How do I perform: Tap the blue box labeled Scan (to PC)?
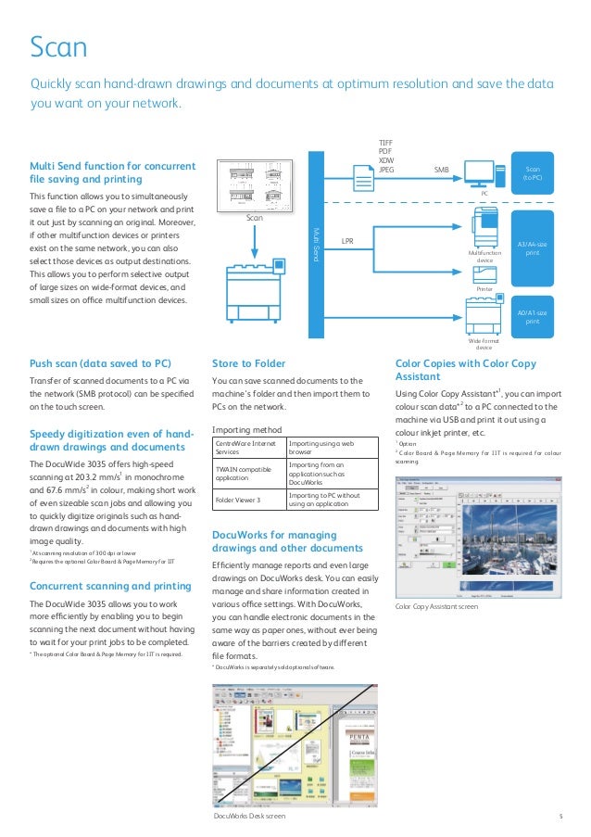533,173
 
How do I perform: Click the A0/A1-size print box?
533,317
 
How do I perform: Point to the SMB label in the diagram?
441,171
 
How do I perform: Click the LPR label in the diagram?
348,241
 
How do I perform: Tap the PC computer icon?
479,173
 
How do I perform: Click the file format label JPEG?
386,170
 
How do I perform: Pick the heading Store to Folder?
249,363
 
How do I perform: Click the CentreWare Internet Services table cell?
249,450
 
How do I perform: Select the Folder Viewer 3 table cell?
249,500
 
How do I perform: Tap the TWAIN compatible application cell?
249,475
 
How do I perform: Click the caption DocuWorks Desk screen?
249,816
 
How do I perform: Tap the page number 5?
560,816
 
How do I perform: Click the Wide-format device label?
485,344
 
